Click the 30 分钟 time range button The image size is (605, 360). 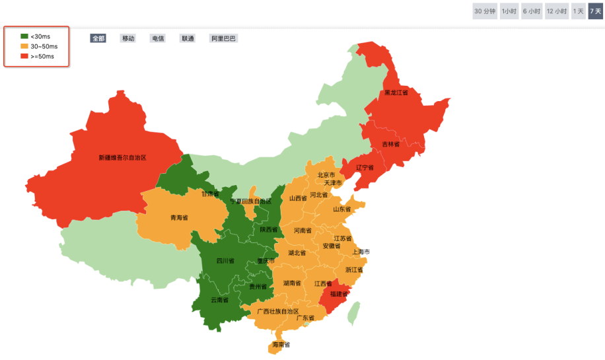485,11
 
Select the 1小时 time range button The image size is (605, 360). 509,11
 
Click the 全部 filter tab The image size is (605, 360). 98,38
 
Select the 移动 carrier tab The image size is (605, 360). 128,38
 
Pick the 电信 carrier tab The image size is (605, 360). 158,38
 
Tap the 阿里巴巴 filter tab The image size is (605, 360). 223,38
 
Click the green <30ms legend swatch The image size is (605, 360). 24,36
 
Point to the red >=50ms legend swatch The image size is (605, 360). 24,56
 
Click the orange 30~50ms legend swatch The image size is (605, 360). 24,46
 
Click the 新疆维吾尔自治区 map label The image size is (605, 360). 122,158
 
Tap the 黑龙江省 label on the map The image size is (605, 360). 396,93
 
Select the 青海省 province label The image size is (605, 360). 179,217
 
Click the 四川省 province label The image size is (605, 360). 225,261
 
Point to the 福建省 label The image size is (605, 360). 339,294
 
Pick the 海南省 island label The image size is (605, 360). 281,345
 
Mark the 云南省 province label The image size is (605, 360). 219,300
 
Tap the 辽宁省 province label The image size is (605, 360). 365,167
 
